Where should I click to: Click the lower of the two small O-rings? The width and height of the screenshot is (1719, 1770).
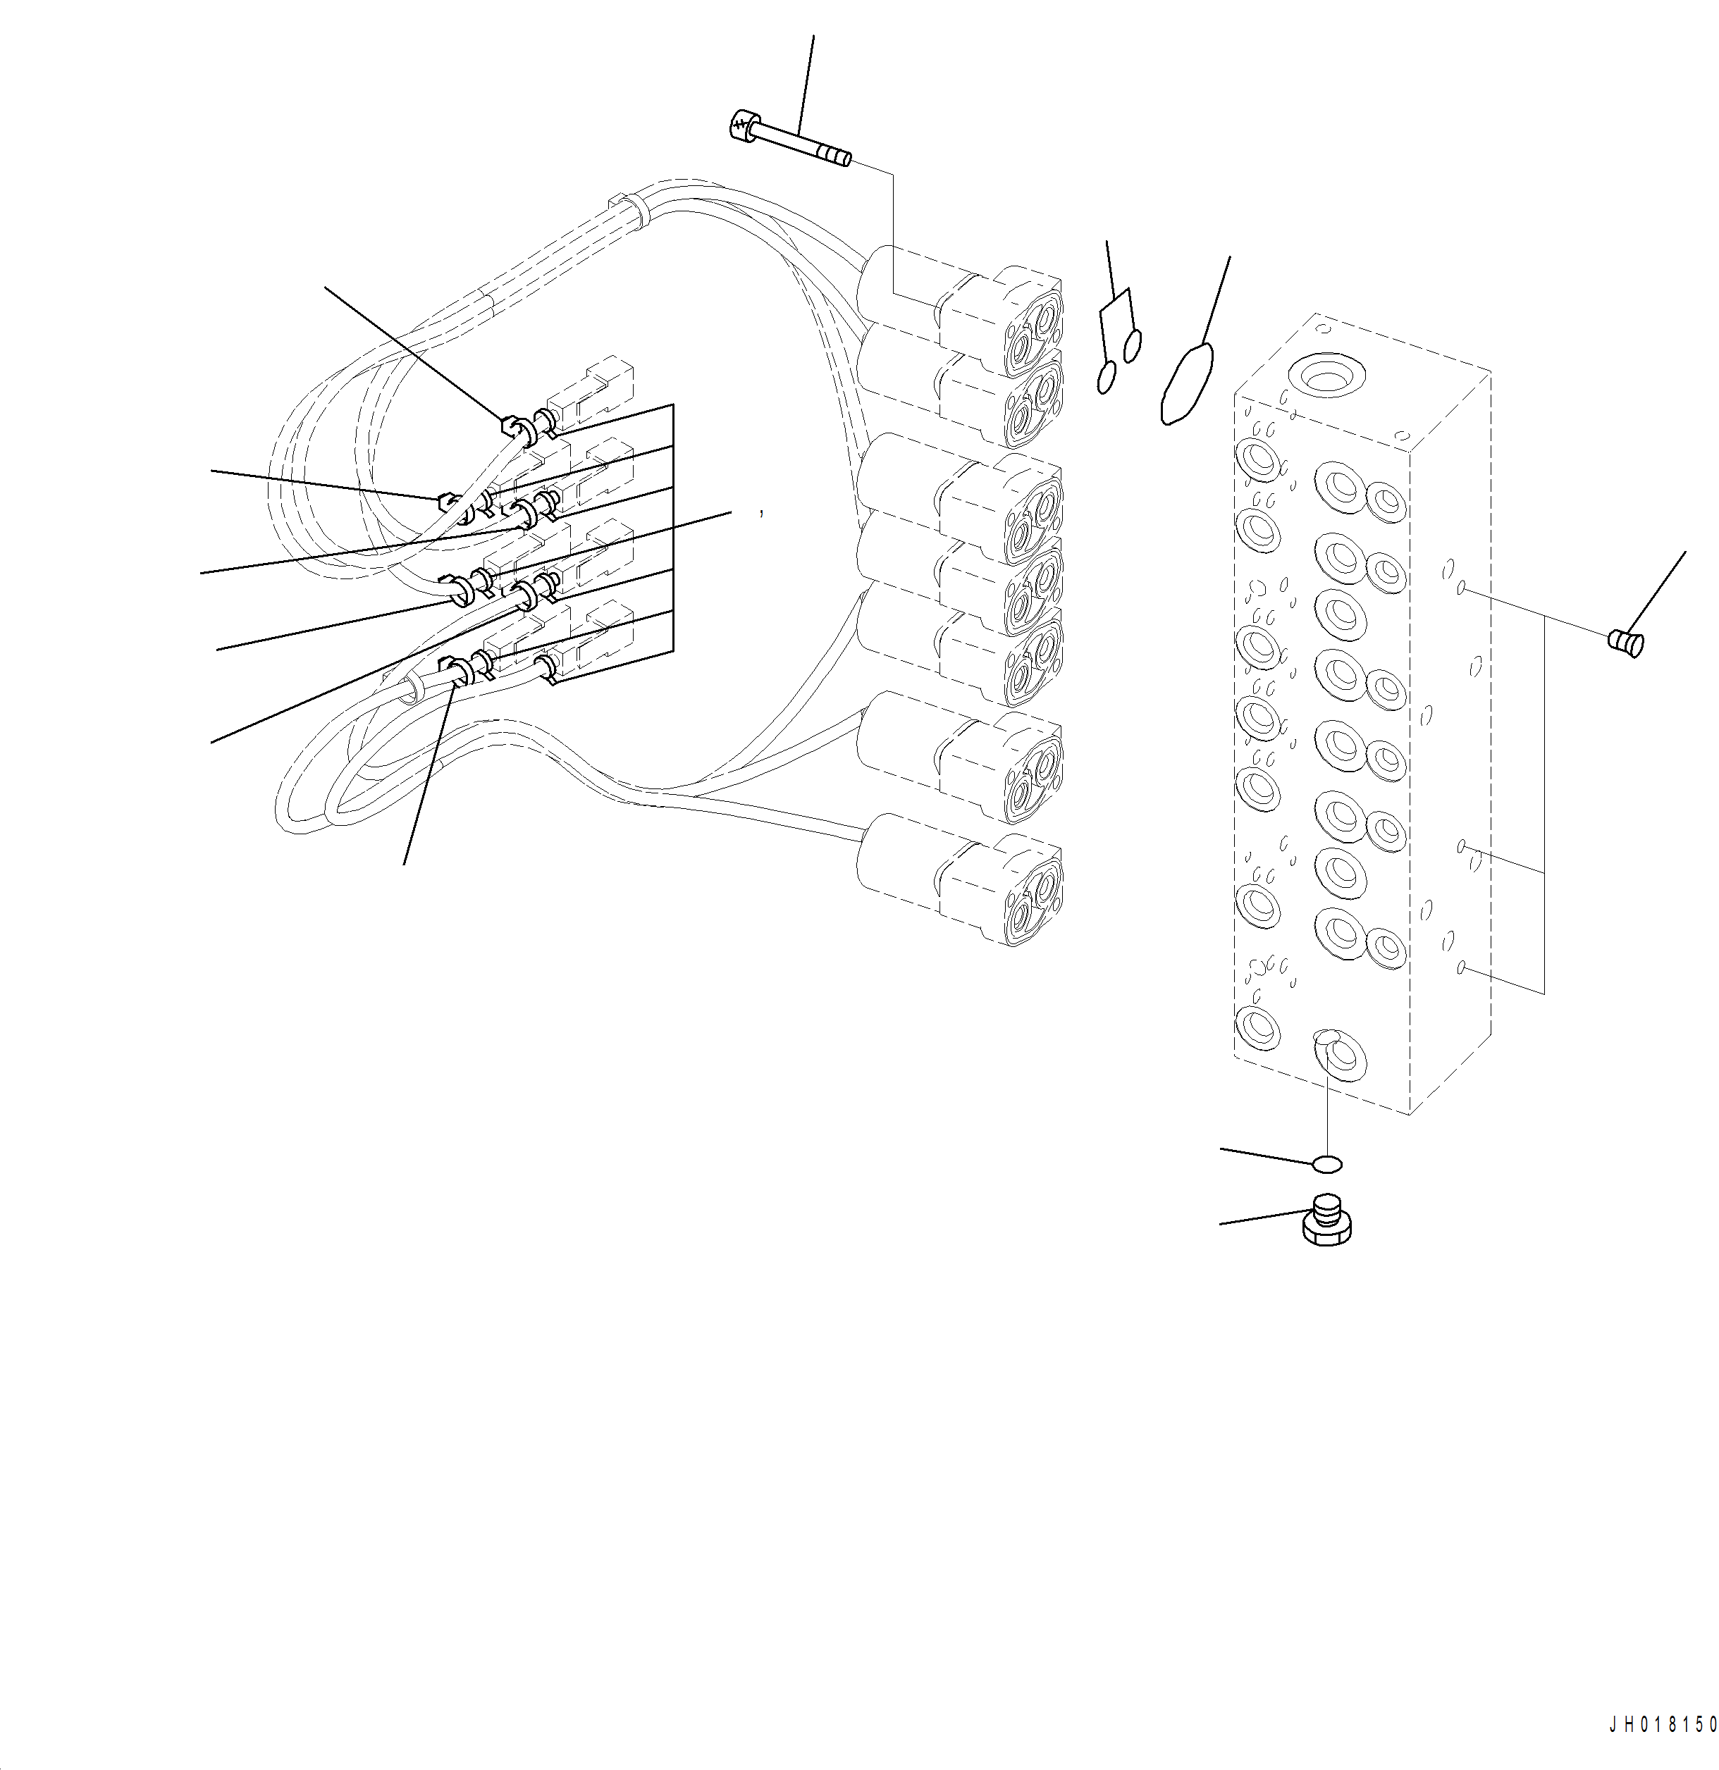point(1106,376)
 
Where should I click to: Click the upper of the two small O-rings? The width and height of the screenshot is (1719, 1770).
point(1132,344)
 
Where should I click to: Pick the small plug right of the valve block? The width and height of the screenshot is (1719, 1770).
point(1626,643)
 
